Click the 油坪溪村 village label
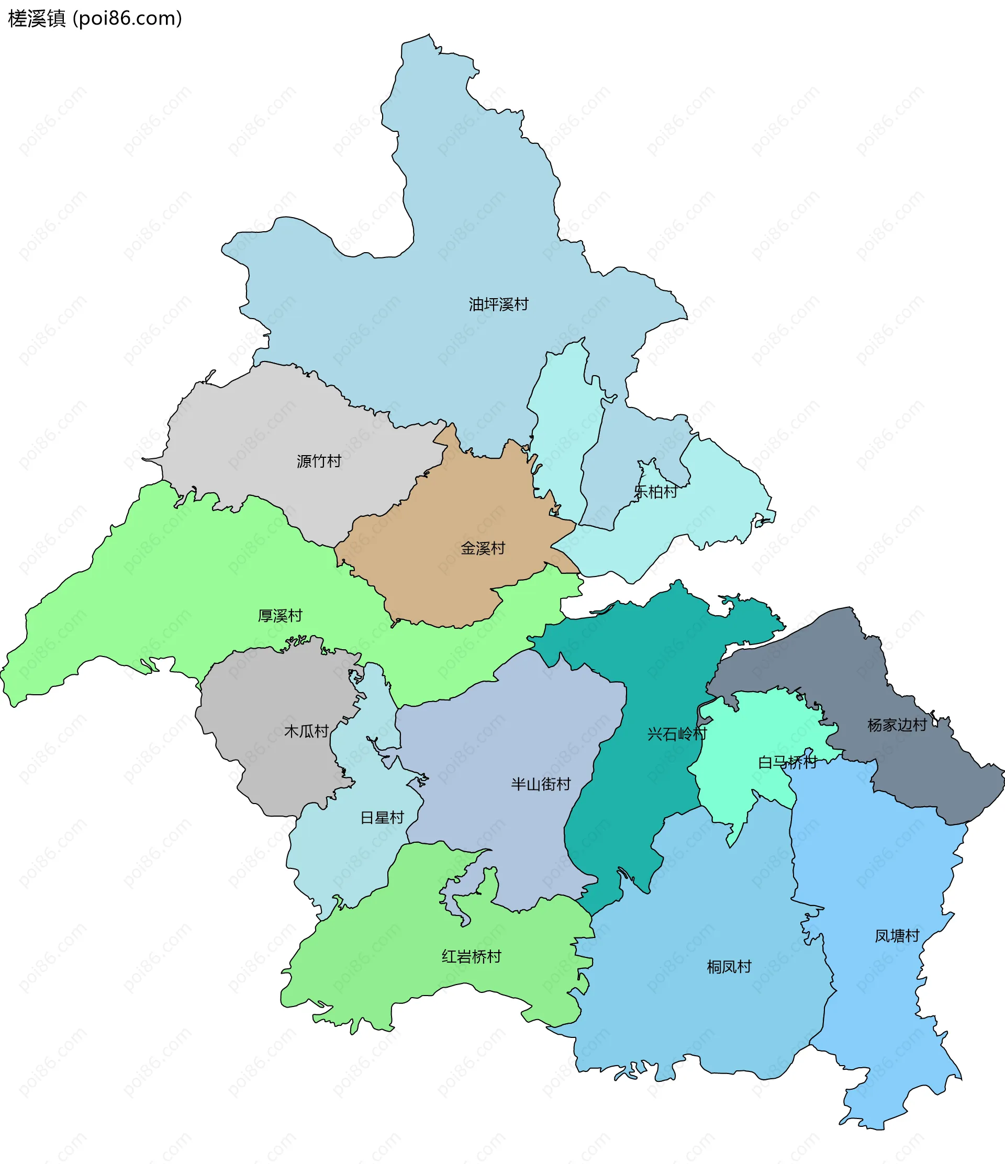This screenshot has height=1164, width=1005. [x=498, y=304]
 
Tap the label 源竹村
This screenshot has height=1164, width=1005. [x=319, y=461]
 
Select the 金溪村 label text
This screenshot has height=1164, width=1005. [x=483, y=548]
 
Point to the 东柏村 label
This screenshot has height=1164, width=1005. [x=655, y=492]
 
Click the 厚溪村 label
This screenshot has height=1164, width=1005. [x=280, y=616]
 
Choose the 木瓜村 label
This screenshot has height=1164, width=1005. [x=306, y=731]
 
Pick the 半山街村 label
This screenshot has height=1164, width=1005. [x=541, y=784]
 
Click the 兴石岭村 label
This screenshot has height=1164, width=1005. [x=677, y=733]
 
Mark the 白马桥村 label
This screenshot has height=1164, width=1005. [x=787, y=762]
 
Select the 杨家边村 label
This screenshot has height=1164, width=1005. [x=897, y=725]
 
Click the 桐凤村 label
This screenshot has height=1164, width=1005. [x=729, y=966]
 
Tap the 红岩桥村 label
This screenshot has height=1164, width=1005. [x=471, y=956]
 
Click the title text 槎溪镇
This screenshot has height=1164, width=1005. [x=37, y=18]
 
